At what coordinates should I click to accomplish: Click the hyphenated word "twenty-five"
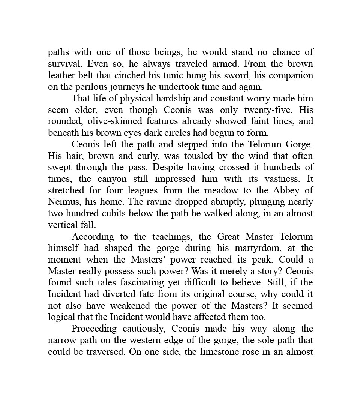[265, 110]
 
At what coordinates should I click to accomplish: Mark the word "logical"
[62, 317]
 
